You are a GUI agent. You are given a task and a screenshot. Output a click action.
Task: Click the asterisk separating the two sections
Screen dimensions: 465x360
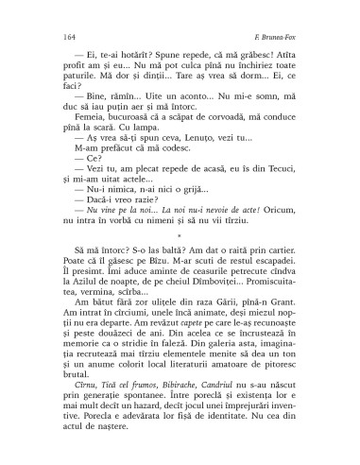click(x=180, y=236)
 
